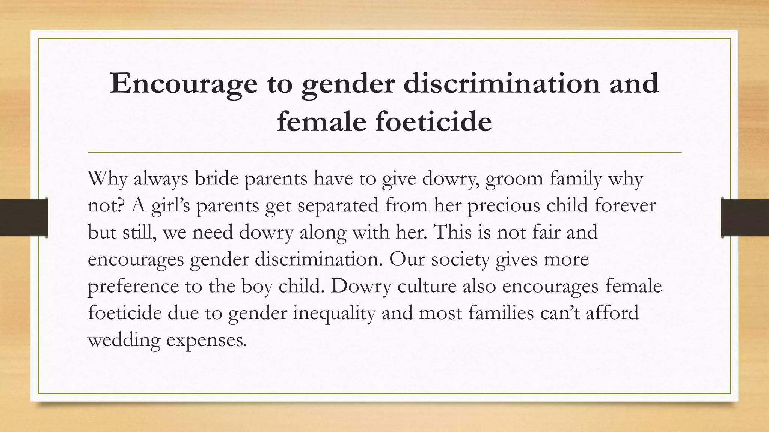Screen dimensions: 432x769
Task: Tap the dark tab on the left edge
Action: pos(24,217)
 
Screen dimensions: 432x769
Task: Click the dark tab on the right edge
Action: pos(745,217)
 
